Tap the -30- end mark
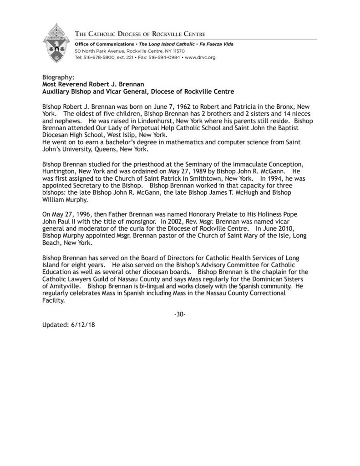tap(180, 315)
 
